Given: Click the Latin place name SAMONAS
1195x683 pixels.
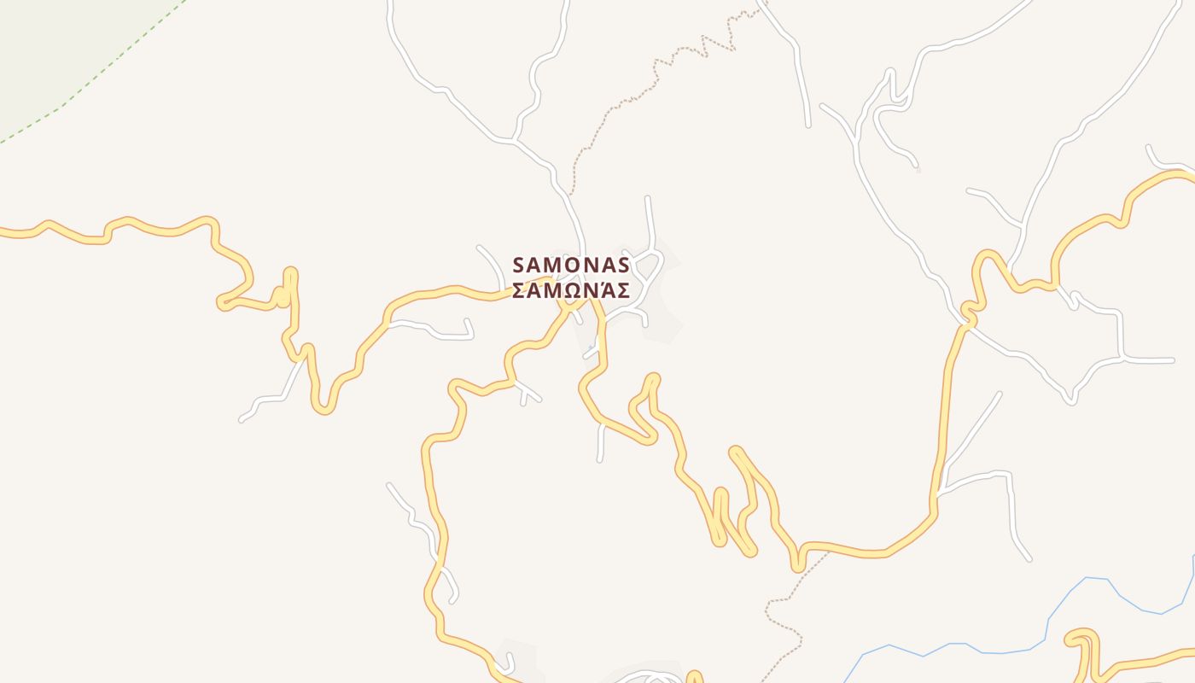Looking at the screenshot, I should pos(571,265).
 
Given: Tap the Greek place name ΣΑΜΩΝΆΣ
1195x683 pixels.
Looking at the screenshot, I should pos(571,291).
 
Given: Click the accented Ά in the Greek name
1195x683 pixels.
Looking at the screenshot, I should pos(606,290).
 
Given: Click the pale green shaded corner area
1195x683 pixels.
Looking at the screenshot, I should pos(43,43).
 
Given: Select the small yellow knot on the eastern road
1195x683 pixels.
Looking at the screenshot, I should pos(969,312).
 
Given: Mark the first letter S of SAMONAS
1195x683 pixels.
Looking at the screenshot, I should pos(519,265).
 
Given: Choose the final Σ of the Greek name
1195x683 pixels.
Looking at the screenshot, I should pos(623,291).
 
